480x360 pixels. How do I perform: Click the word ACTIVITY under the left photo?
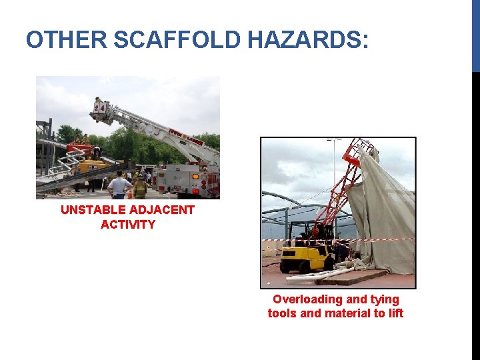(x=128, y=225)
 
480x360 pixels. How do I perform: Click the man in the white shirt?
(x=119, y=185)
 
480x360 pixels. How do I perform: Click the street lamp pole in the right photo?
(x=334, y=167)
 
